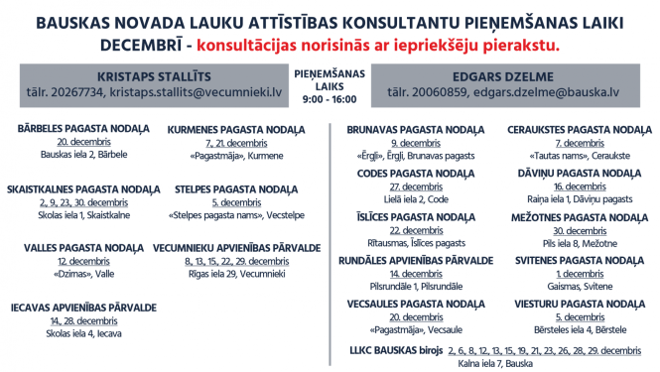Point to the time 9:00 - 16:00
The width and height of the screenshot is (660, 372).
click(330, 99)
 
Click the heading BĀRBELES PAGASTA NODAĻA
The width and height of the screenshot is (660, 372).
click(83, 129)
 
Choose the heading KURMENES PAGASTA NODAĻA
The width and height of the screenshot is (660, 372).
click(229, 129)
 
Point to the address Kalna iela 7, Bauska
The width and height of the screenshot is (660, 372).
click(495, 363)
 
